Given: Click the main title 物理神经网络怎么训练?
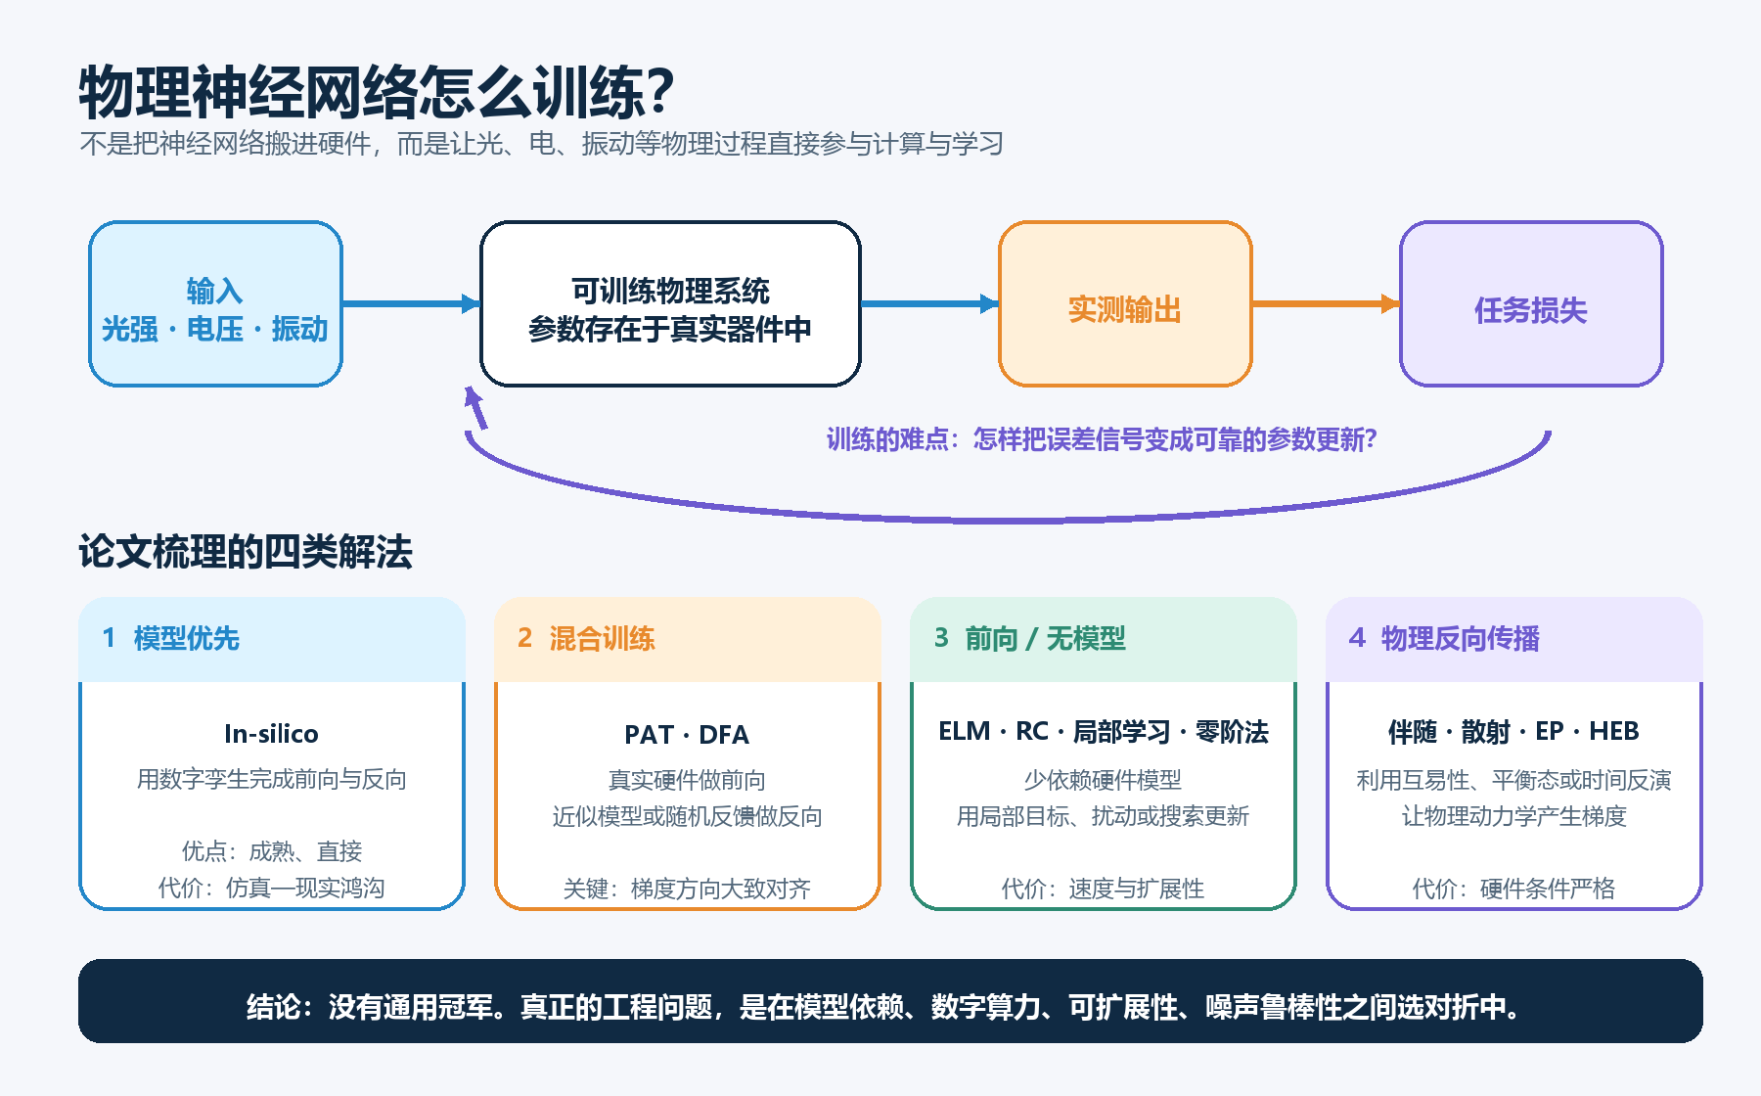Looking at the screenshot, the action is coord(377,93).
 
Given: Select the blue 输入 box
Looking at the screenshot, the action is coord(215,303).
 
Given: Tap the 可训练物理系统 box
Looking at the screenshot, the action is coord(670,303).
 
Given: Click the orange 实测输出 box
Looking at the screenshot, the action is coord(1125,303).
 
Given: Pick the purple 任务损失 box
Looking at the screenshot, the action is coord(1531,303).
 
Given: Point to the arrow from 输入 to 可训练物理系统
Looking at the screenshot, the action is coord(411,303).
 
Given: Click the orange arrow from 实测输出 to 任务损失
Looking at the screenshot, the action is coord(1326,303).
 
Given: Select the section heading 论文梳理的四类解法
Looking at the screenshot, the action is coord(246,552).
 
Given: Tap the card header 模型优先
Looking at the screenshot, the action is coord(186,639).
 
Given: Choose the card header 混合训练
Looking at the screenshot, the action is coord(602,639).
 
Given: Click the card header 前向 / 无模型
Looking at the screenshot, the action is coord(1045,639).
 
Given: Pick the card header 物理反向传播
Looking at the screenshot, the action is coord(1460,639).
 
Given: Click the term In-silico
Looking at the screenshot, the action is coord(271,734).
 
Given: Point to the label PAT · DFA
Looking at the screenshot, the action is coord(687,734).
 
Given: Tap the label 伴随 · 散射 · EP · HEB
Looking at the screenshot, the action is coord(1513,731).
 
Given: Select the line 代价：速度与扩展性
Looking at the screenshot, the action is coord(1103,889).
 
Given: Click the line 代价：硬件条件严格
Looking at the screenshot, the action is coord(1513,889).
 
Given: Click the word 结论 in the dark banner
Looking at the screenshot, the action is coord(273,1007).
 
